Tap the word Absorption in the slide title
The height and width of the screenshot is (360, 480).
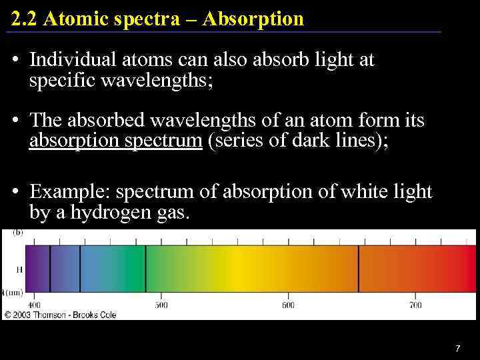click(254, 19)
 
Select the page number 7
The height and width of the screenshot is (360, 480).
click(457, 348)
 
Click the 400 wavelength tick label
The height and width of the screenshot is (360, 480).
click(34, 305)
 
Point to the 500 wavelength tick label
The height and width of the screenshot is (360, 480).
click(161, 305)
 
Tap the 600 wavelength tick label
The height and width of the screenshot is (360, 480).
click(288, 305)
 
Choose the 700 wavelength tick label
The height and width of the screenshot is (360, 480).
click(415, 305)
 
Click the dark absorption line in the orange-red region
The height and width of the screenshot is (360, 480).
click(359, 269)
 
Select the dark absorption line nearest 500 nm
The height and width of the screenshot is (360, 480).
click(146, 269)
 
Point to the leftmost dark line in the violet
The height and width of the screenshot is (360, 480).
click(50, 269)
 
